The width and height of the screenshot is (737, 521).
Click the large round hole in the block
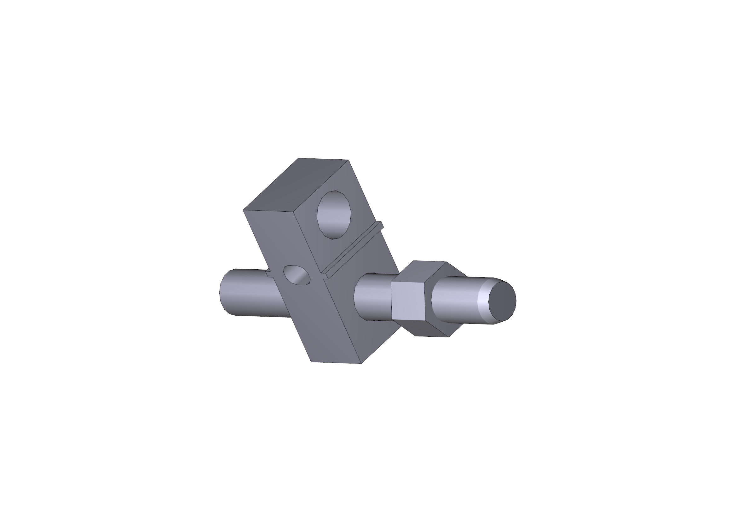pos(334,215)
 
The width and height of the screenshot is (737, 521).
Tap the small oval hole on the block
pos(297,275)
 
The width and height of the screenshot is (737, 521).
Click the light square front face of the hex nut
pos(408,301)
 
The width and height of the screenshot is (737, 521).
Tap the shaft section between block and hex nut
pos(372,297)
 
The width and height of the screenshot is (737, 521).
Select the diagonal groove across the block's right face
pos(352,250)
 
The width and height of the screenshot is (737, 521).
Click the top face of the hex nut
pos(424,271)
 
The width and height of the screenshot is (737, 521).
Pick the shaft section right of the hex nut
pos(456,300)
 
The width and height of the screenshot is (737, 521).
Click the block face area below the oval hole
pos(308,318)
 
